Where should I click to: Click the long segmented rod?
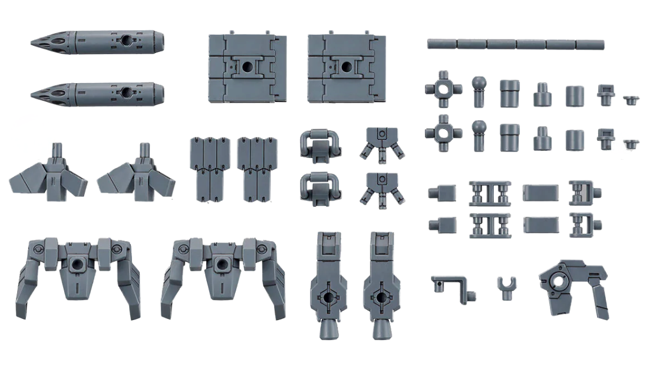pyautogui.click(x=516, y=44)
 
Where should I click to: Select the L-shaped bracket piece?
pyautogui.click(x=451, y=284)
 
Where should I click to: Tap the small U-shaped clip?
pyautogui.click(x=505, y=288)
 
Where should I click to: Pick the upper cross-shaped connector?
pyautogui.click(x=443, y=89)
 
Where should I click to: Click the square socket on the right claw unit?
pyautogui.click(x=222, y=264)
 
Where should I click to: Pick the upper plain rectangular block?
pyautogui.click(x=539, y=192)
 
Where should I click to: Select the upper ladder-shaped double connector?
pyautogui.click(x=489, y=193)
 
